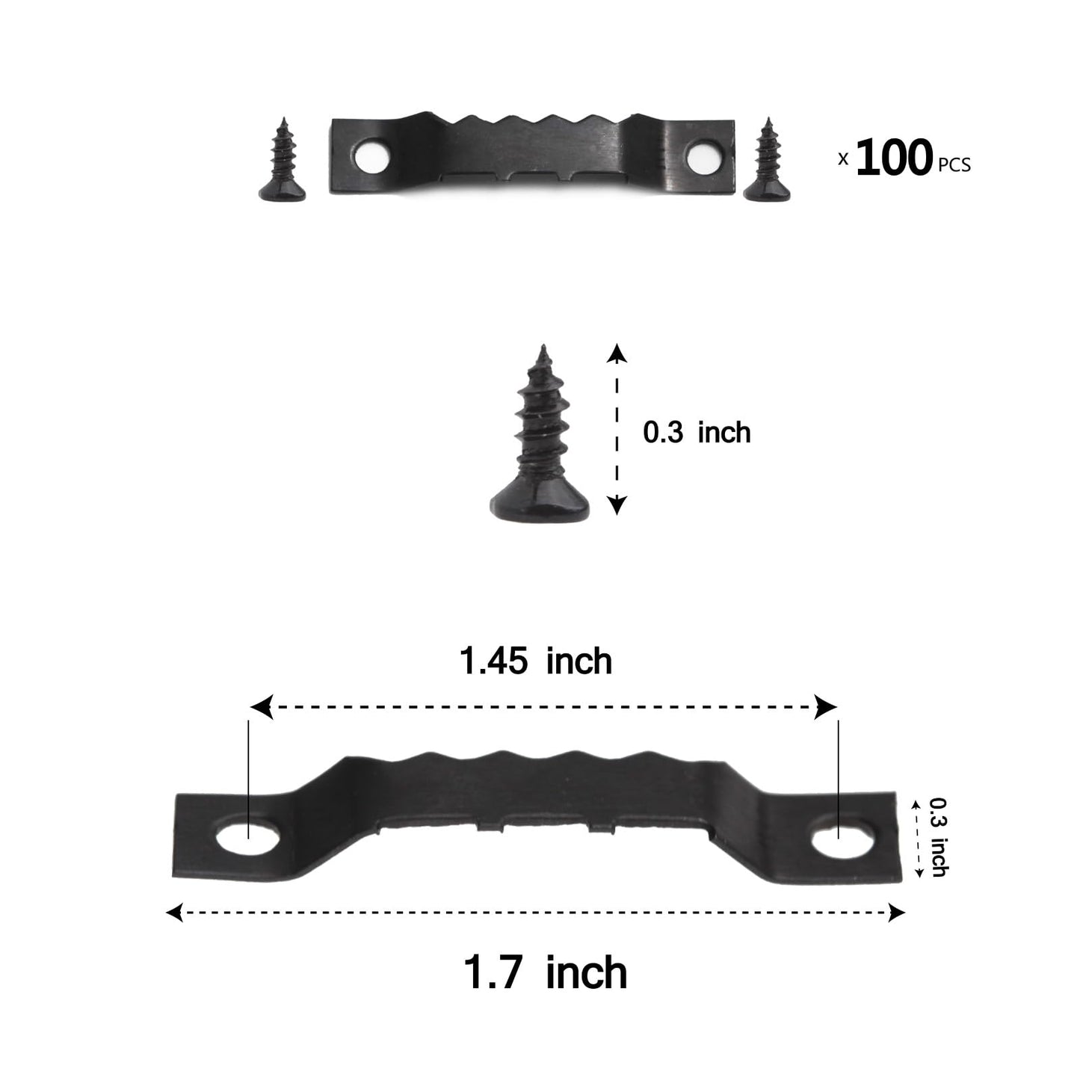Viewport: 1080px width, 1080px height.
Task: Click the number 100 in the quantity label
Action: (x=894, y=158)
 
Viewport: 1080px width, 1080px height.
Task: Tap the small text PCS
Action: (x=954, y=165)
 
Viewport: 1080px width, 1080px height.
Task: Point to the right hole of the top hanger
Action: (x=701, y=157)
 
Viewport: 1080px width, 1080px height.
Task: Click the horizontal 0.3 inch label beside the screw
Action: (x=697, y=433)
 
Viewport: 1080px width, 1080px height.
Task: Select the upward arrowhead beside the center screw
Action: (x=616, y=353)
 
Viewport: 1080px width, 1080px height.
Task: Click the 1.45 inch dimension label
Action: (x=536, y=661)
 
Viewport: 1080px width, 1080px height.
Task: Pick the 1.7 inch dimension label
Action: (x=546, y=972)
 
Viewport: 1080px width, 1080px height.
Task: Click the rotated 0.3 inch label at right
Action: (x=939, y=837)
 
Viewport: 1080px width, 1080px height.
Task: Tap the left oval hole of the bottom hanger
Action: (x=247, y=841)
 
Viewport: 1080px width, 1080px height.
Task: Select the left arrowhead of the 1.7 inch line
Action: (x=174, y=912)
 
